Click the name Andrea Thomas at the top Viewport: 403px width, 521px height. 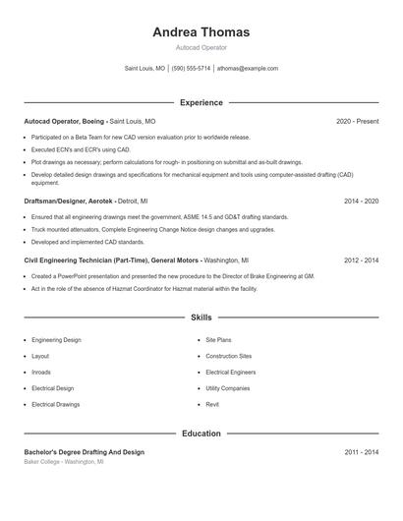point(201,31)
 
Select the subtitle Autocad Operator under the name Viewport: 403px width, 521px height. point(201,47)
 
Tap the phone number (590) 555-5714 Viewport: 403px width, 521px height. point(191,69)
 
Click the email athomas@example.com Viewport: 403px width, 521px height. point(248,69)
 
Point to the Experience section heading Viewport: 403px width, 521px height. point(201,102)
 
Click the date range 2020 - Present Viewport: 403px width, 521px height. point(357,121)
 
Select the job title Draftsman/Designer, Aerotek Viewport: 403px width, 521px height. point(64,201)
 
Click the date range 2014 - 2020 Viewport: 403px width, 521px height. point(361,201)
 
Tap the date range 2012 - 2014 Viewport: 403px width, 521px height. point(361,260)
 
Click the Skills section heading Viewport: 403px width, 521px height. point(201,318)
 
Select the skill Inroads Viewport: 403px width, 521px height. point(42,372)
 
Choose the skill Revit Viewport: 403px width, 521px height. point(212,404)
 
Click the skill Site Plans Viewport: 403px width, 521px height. point(219,340)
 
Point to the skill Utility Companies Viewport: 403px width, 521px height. point(227,388)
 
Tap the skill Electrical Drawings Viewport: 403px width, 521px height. point(55,404)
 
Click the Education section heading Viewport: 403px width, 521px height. point(201,433)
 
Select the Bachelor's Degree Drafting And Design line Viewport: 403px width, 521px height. point(84,452)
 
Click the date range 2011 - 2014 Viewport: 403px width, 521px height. point(361,452)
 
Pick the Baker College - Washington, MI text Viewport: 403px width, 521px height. point(63,461)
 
